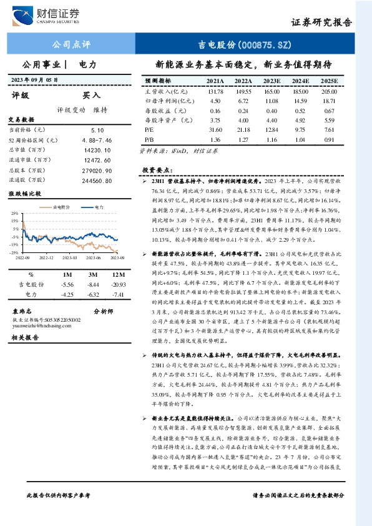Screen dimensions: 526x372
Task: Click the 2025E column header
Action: point(328,81)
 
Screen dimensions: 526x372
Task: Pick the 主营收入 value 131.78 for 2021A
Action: point(215,91)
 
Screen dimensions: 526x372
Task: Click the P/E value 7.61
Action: point(330,130)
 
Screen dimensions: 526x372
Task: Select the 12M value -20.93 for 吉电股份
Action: point(117,284)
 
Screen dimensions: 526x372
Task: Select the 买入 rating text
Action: point(92,96)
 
